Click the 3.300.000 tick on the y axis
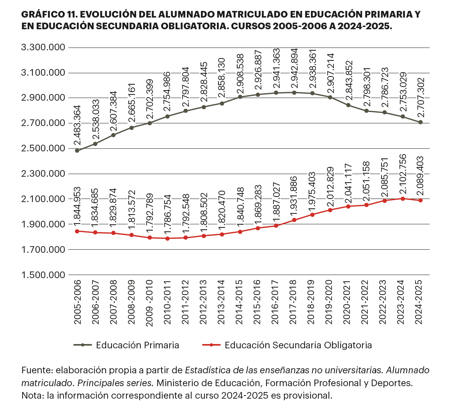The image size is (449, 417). point(43,48)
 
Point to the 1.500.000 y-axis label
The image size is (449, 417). point(43,275)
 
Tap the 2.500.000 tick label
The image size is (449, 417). point(43,149)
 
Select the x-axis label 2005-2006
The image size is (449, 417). point(77,302)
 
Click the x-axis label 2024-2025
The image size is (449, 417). point(420,302)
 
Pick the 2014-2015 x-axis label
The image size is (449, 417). point(240,302)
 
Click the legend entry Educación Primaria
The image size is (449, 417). point(137,345)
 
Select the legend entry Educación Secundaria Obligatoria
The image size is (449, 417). point(298,345)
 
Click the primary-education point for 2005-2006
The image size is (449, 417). point(77,151)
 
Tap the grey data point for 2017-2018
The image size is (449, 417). point(294,92)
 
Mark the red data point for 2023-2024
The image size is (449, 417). point(402,199)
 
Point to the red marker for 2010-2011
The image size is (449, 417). point(167,238)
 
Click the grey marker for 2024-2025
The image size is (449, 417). point(421,122)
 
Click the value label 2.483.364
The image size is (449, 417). point(77,126)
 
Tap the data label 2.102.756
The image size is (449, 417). point(403,174)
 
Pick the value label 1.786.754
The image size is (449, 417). point(167,214)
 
